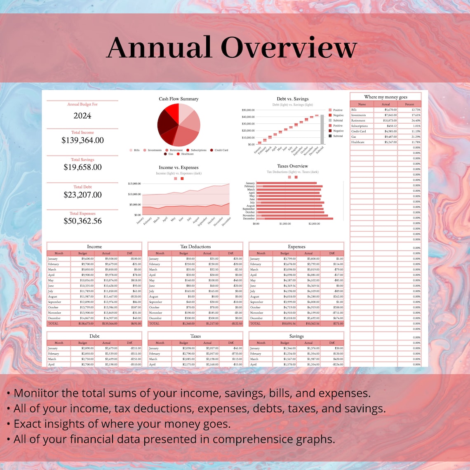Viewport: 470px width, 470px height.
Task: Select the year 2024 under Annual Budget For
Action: tap(82, 116)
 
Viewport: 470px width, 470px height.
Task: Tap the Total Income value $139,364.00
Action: tap(82, 140)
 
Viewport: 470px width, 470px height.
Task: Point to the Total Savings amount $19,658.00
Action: tap(82, 167)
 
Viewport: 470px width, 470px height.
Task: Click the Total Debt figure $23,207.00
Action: tap(82, 195)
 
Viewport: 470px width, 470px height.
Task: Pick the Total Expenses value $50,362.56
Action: tap(82, 221)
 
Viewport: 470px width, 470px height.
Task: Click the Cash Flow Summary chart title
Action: tap(179, 99)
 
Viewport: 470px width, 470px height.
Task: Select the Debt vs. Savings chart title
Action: tap(293, 99)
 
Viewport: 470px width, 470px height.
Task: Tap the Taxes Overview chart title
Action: tap(293, 166)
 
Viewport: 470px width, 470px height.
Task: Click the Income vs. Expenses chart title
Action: tap(179, 168)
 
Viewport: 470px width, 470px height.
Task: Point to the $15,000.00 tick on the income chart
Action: tap(134, 183)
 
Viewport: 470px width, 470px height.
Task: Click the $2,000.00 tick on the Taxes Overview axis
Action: tap(314, 224)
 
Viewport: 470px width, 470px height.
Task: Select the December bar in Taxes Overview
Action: tap(295, 219)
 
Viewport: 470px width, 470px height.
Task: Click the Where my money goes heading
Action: tap(385, 97)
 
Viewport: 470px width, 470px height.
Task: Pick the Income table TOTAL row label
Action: tap(54, 324)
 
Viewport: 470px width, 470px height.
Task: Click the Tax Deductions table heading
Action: tap(195, 247)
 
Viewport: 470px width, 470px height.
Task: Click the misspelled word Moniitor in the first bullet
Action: tap(36, 393)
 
